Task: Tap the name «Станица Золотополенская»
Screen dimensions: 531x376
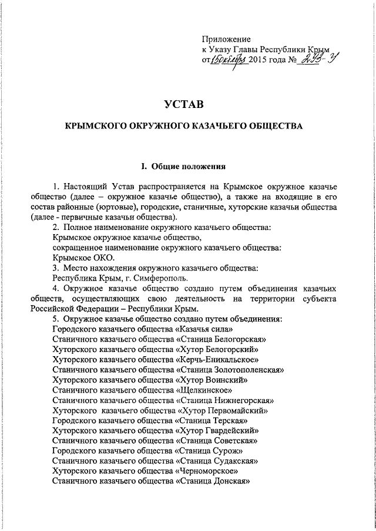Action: [x=230, y=370]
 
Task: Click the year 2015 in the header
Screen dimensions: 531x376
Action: [x=258, y=60]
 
